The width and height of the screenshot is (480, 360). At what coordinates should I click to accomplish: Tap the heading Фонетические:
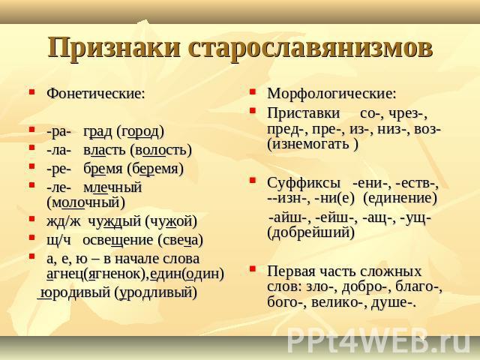(95, 93)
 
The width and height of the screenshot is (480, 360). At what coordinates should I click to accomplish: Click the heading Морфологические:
(331, 94)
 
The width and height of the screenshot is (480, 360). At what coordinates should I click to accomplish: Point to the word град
(97, 132)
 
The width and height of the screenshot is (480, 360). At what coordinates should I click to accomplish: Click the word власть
(104, 150)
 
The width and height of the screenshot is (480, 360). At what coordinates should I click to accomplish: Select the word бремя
(103, 169)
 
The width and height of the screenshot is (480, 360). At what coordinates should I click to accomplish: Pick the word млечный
(112, 187)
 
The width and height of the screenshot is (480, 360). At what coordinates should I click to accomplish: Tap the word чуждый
(115, 221)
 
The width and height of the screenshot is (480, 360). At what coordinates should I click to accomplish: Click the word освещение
(118, 240)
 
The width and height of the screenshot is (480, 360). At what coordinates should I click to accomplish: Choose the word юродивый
(75, 292)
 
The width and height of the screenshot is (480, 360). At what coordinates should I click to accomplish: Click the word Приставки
(303, 113)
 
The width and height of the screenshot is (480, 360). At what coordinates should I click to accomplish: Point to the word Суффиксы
(303, 183)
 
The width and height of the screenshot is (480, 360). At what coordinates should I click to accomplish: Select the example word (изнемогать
(308, 144)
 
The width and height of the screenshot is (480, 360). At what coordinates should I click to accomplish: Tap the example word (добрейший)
(310, 232)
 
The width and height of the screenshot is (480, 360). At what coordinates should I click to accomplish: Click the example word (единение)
(400, 198)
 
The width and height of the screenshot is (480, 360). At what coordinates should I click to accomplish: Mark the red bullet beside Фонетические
(31, 91)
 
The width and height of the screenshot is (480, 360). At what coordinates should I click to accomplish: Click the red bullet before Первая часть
(252, 269)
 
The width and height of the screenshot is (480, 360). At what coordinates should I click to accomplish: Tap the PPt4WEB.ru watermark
(379, 340)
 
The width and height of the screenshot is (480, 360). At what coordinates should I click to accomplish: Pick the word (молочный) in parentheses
(86, 203)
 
